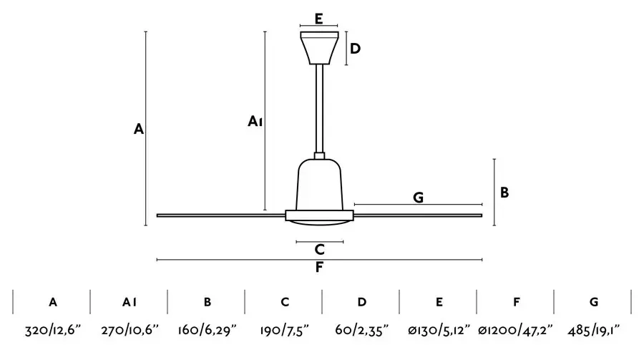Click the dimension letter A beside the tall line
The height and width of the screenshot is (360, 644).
click(139, 129)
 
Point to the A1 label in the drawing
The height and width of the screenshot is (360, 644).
click(255, 121)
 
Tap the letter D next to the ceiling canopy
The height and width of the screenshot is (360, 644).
click(355, 49)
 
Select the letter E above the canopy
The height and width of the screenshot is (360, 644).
click(318, 19)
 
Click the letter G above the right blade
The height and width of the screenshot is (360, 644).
click(418, 198)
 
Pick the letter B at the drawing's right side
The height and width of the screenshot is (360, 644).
click(504, 193)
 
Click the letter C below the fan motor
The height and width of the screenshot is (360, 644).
click(320, 250)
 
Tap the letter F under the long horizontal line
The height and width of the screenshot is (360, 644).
click(319, 267)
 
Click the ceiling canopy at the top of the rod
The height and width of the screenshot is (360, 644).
click(320, 48)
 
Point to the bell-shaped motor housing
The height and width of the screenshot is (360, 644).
click(320, 185)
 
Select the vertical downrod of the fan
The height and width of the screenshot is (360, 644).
click(320, 109)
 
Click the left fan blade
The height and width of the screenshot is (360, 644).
click(221, 215)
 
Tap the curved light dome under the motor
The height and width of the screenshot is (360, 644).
click(320, 223)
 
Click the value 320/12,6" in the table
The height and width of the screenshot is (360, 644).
click(53, 330)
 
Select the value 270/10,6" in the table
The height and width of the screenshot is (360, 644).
click(130, 330)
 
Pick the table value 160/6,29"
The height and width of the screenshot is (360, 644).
click(207, 330)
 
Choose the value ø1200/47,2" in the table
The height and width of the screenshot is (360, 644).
click(515, 330)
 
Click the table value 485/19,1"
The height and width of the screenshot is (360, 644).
click(593, 330)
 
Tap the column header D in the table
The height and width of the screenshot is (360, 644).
click(362, 302)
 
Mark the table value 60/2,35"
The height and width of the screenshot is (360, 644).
click(362, 330)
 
